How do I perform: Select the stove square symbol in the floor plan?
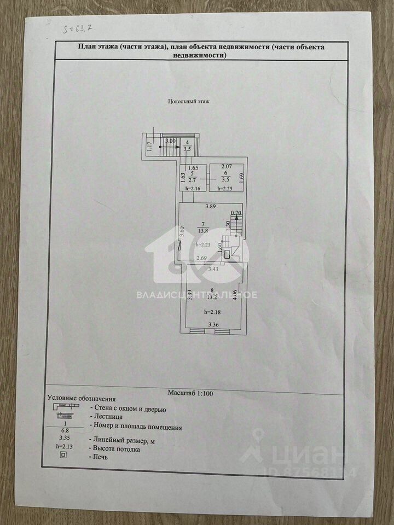pos(225,254)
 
